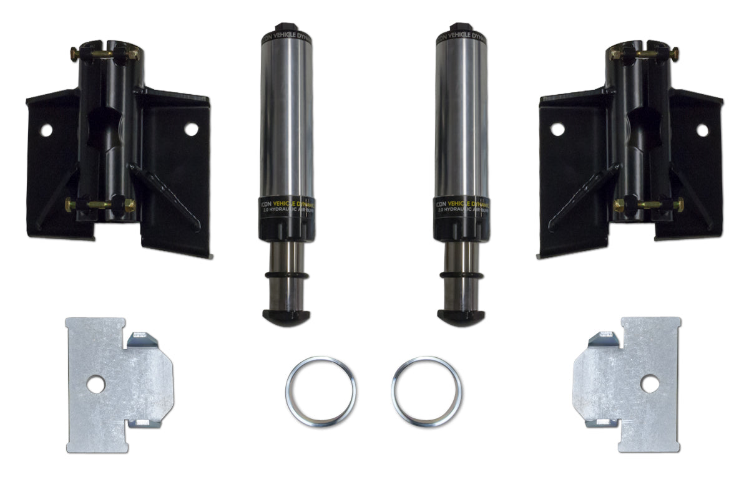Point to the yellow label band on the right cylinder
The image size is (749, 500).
coord(462,204)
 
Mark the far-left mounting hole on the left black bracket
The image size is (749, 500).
coord(46,130)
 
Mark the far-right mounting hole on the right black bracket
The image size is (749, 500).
coord(702,130)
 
